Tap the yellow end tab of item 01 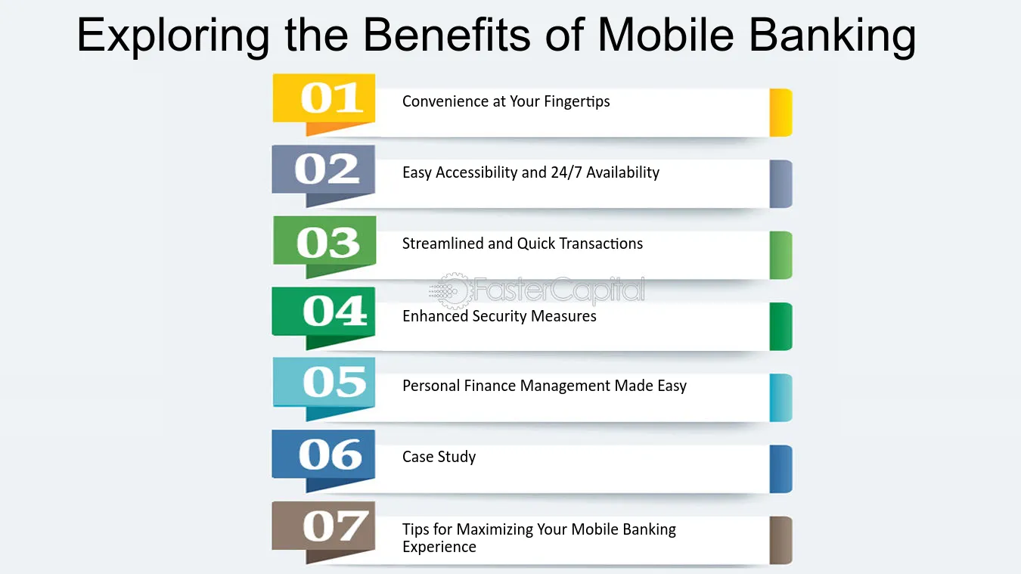(x=780, y=113)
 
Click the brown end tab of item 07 (x=780, y=540)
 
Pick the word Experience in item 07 (x=439, y=547)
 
